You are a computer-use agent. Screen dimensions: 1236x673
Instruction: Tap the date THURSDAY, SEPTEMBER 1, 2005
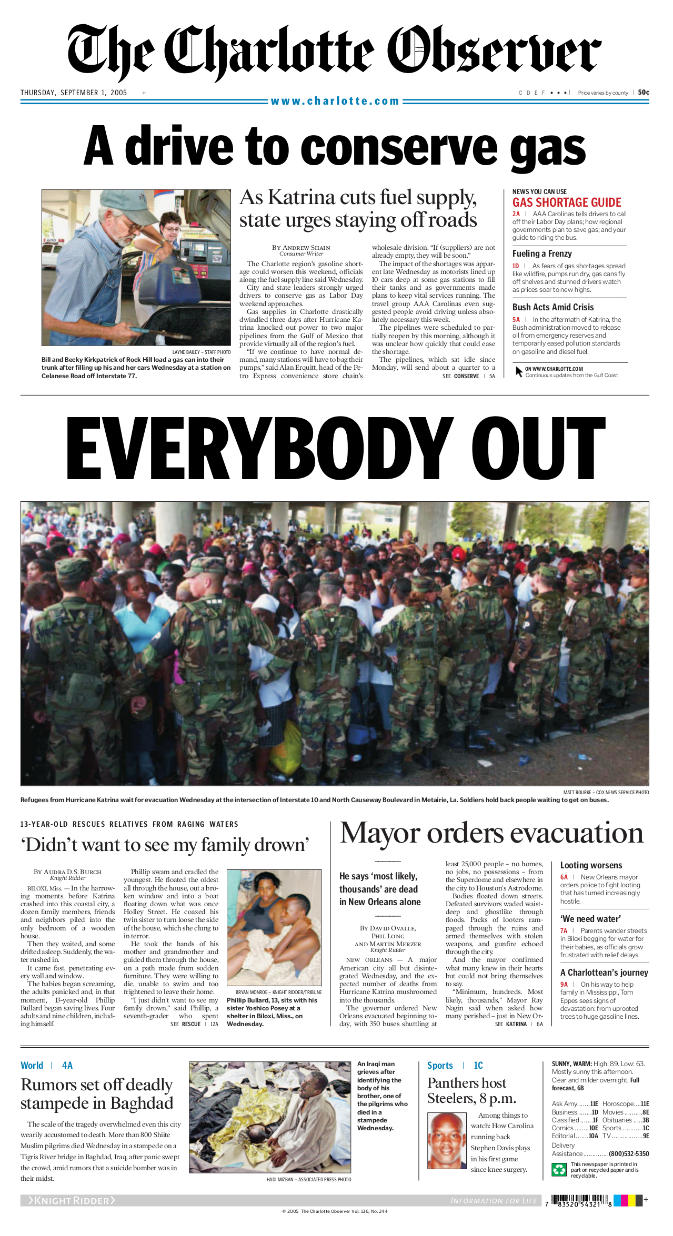[x=74, y=93]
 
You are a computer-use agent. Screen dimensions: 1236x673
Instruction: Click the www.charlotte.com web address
[x=335, y=101]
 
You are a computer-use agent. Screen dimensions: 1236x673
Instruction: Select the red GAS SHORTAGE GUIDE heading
[x=567, y=202]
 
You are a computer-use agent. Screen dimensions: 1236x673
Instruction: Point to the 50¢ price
[x=644, y=93]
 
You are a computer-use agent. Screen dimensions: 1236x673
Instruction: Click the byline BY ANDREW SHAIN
[x=301, y=248]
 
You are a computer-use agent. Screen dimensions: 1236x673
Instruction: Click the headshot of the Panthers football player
[x=446, y=1140]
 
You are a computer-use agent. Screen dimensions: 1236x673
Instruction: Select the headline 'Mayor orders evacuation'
[x=491, y=834]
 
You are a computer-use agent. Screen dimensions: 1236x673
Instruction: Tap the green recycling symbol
[x=558, y=1169]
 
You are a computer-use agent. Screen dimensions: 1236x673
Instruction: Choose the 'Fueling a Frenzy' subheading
[x=542, y=254]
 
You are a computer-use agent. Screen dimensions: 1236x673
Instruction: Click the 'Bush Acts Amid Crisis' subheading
[x=553, y=307]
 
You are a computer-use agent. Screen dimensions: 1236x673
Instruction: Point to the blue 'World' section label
[x=32, y=1065]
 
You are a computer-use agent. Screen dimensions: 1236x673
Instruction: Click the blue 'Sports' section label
[x=440, y=1065]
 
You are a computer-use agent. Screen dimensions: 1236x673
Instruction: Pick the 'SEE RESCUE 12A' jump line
[x=194, y=1024]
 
